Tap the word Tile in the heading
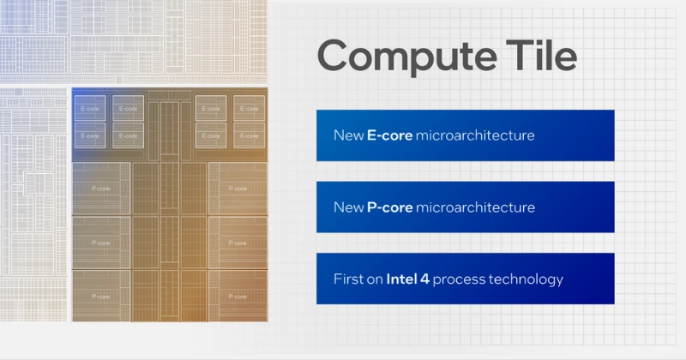pyautogui.click(x=536, y=57)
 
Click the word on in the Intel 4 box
pyautogui.click(x=376, y=279)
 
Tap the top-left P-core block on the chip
pyautogui.click(x=101, y=188)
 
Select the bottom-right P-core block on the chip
pyautogui.click(x=238, y=297)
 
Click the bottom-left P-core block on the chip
pyautogui.click(x=101, y=297)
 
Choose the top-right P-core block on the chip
pyautogui.click(x=238, y=188)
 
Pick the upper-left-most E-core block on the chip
pyautogui.click(x=89, y=109)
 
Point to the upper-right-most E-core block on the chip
pyautogui.click(x=250, y=109)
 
